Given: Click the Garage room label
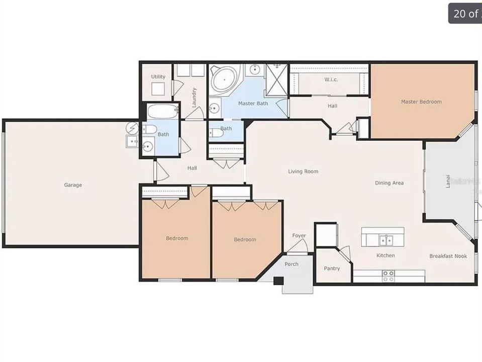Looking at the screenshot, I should [x=73, y=185].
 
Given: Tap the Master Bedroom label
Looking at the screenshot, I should [x=421, y=102].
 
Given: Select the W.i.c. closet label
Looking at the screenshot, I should [x=331, y=79].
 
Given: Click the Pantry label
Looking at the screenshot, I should [x=332, y=268].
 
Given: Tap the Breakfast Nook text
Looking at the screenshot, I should [x=448, y=256].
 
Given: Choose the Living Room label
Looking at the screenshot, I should [x=303, y=171].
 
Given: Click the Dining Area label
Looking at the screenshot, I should [x=390, y=183].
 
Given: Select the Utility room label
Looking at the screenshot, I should [x=158, y=77].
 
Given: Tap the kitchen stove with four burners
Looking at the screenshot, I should [x=389, y=276].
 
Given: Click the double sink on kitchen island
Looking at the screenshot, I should [x=386, y=240].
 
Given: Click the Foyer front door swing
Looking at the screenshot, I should [x=298, y=246].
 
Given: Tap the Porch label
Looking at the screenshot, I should [x=292, y=264].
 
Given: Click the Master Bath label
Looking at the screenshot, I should [x=253, y=104].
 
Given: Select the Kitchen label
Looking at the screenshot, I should [x=385, y=255].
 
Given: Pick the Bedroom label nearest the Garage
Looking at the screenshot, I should [x=177, y=238].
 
